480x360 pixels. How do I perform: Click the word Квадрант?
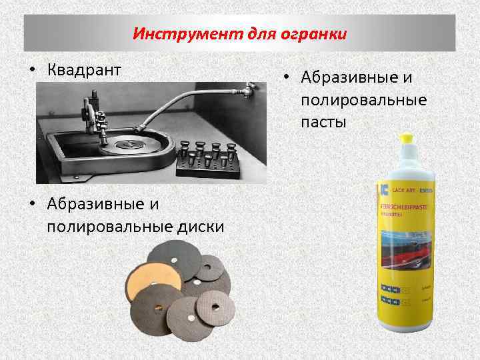pyautogui.click(x=83, y=69)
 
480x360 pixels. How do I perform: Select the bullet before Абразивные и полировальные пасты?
pyautogui.click(x=285, y=79)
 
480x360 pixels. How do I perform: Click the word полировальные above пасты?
pyautogui.click(x=364, y=100)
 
